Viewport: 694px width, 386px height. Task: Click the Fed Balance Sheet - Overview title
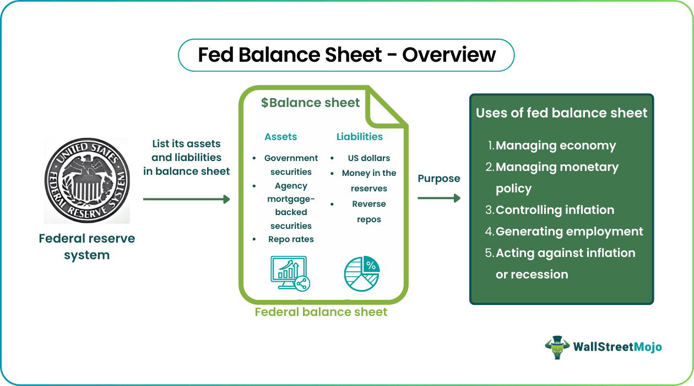pos(346,55)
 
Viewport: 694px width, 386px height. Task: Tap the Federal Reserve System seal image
pos(87,180)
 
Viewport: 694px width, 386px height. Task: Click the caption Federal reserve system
pos(87,246)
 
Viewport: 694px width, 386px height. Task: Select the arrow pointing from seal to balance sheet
pos(186,199)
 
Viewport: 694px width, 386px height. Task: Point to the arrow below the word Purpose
pos(438,198)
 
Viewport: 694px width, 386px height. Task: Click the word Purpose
pos(438,179)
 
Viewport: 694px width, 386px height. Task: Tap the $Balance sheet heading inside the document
pos(310,103)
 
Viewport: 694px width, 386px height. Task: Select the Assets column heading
pos(280,137)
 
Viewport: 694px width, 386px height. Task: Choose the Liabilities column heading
pos(359,137)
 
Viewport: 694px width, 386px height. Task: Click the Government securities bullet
pos(291,165)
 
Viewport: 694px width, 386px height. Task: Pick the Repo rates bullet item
pos(291,239)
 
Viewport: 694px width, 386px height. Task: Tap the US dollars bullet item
pos(368,158)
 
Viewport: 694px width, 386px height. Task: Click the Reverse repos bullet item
pos(368,211)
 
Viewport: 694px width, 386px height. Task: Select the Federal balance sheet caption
pos(321,312)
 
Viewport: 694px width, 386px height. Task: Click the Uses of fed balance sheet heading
pos(561,113)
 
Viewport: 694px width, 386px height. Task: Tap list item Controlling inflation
pos(555,210)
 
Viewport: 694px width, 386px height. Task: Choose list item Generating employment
pos(569,232)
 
